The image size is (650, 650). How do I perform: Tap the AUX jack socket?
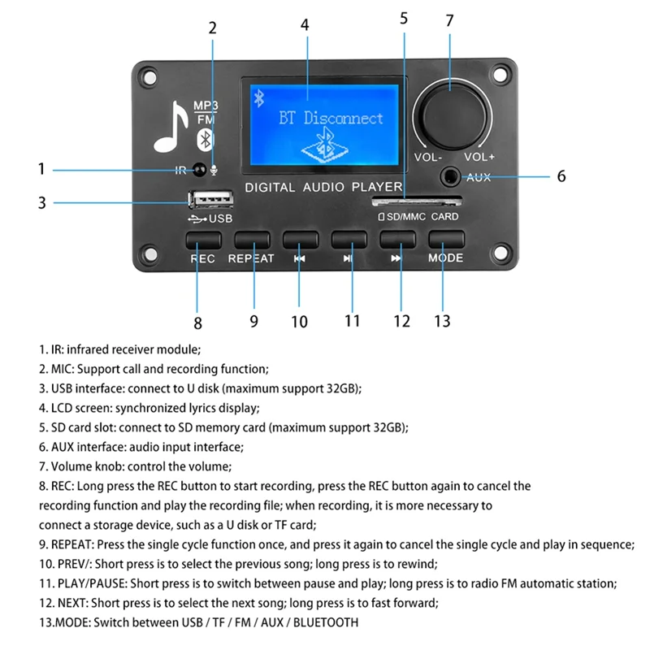[448, 175]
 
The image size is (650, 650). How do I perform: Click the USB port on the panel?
[210, 200]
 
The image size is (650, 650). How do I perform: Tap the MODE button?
[445, 240]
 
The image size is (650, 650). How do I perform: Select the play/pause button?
[349, 240]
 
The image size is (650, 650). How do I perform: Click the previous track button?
[300, 240]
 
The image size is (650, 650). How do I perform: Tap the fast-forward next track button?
[396, 240]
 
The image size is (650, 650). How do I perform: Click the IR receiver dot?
[197, 170]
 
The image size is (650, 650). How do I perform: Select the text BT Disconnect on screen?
[331, 119]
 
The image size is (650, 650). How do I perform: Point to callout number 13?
[441, 321]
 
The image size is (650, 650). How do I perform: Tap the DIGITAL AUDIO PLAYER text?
[323, 188]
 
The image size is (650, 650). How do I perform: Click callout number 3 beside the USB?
[41, 202]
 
